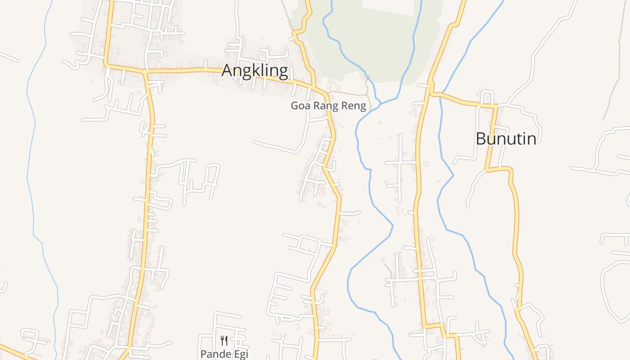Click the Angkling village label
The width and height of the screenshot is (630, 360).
click(255, 71)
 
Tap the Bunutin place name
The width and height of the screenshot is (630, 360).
click(506, 139)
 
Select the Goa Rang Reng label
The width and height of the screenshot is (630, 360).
click(328, 106)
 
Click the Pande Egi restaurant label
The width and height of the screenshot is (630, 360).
click(224, 354)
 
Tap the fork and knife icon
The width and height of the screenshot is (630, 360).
click(224, 341)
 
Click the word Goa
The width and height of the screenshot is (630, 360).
click(300, 106)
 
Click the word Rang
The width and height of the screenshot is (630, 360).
click(326, 107)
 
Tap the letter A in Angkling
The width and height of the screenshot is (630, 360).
click(228, 71)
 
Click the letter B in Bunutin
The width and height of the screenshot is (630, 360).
click(481, 139)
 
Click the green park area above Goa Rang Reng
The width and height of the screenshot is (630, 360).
click(382, 40)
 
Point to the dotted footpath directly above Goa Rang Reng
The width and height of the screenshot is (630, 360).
click(349, 94)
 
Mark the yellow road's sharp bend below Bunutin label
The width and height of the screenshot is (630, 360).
click(510, 170)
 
